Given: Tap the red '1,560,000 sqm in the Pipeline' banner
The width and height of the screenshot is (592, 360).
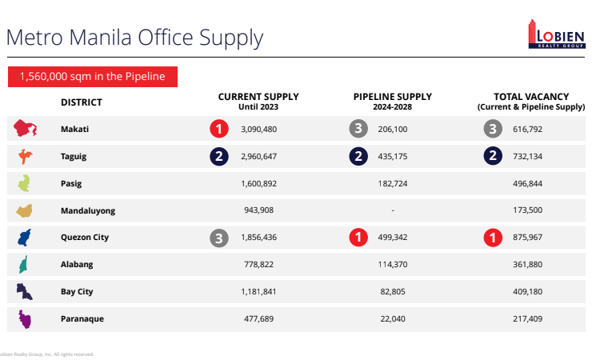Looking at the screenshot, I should pyautogui.click(x=92, y=77).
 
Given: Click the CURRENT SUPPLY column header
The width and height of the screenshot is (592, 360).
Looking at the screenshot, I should pyautogui.click(x=258, y=101).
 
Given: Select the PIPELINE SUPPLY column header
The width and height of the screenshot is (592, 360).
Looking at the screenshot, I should pyautogui.click(x=391, y=101).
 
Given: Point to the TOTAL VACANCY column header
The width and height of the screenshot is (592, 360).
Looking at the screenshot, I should pyautogui.click(x=530, y=101).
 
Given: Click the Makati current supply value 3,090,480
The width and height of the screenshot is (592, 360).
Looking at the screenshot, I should pyautogui.click(x=258, y=129).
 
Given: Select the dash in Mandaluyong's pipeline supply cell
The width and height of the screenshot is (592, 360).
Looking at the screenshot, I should pyautogui.click(x=392, y=210).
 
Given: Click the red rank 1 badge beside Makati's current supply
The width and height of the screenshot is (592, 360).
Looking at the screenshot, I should pyautogui.click(x=219, y=129).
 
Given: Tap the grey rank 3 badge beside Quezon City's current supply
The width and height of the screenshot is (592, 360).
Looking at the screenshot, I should pyautogui.click(x=219, y=238).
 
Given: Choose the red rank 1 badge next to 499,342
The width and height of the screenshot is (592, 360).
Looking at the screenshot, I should pyautogui.click(x=359, y=238).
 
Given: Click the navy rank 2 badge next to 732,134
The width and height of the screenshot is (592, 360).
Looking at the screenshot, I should pyautogui.click(x=494, y=156).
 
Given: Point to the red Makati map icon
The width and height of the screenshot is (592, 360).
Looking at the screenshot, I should pyautogui.click(x=26, y=128).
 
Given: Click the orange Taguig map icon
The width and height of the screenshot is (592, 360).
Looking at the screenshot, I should pyautogui.click(x=26, y=156).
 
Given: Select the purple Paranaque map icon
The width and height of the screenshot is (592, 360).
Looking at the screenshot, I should pyautogui.click(x=26, y=319).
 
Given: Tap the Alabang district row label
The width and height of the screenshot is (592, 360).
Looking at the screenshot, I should pyautogui.click(x=77, y=265).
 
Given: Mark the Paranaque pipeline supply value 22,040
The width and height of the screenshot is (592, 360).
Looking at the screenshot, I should pyautogui.click(x=391, y=319).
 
